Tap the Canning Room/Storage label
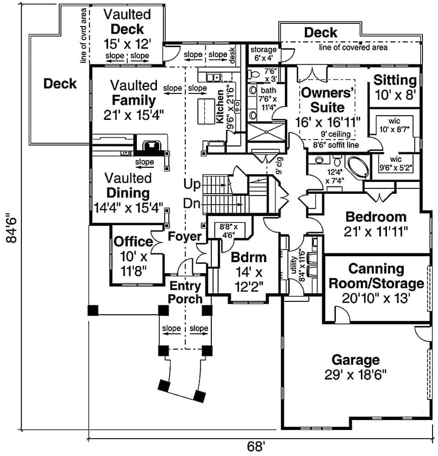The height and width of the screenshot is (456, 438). click(376, 283)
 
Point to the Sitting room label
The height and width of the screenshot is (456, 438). click(395, 88)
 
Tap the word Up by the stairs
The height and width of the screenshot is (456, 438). click(192, 185)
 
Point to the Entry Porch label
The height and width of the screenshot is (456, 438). click(186, 292)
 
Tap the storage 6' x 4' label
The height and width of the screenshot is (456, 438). click(263, 54)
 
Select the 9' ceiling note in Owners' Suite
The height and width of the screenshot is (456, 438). click(336, 134)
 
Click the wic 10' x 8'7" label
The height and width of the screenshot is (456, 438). click(394, 125)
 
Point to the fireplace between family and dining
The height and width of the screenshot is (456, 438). click(150, 147)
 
